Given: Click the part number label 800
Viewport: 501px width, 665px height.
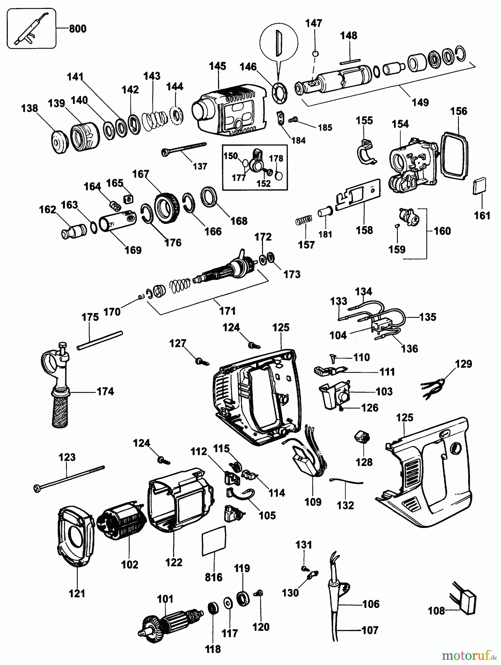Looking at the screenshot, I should pos(77,29).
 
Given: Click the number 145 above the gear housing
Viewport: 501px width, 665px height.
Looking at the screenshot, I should pos(217,66).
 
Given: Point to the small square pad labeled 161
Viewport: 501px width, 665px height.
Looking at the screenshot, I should pos(480,186).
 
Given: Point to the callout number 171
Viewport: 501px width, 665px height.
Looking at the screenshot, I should pos(227,311).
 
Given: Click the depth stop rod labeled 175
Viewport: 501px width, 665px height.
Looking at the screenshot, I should pos(100,340).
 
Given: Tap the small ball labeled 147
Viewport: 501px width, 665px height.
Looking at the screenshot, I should pos(315,54).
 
